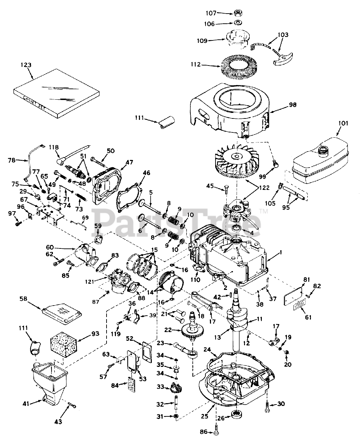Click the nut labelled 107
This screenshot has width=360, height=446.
238,13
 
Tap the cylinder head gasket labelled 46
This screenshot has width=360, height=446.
131,192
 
